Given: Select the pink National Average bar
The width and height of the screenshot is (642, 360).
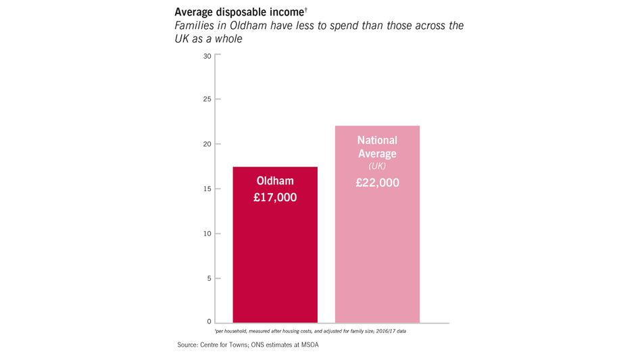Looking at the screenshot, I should click(x=377, y=257).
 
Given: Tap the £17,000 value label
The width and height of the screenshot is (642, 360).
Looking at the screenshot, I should click(x=276, y=198).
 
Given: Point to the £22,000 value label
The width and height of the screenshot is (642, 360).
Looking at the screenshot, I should click(x=378, y=182).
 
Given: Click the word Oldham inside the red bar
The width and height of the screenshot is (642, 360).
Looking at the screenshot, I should click(x=276, y=181).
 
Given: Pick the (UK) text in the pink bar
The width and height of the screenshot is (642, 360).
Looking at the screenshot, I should click(x=377, y=166).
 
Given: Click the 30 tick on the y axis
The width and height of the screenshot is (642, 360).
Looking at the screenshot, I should click(x=207, y=56).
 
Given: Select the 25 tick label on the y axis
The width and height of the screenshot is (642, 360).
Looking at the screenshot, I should click(x=207, y=100).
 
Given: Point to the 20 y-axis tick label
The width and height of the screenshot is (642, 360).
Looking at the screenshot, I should click(x=207, y=144).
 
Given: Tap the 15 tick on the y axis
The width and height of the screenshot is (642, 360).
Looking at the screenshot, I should click(x=207, y=188).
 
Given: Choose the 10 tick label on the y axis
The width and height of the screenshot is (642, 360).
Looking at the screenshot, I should click(x=207, y=234).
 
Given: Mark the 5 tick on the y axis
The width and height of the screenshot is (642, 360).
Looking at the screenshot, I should click(x=209, y=278).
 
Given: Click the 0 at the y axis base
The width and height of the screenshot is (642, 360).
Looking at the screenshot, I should click(x=209, y=322).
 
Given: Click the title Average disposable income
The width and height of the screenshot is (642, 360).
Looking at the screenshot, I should click(x=239, y=12).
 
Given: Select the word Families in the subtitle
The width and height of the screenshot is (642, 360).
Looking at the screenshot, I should click(x=195, y=26).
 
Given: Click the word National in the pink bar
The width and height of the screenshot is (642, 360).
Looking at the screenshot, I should click(x=377, y=140).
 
